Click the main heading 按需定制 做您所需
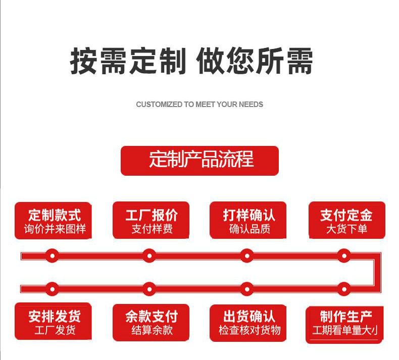pos(191,62)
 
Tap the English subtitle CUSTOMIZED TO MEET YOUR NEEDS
pos(199,105)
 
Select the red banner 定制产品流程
pos(199,161)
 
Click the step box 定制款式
pos(55,221)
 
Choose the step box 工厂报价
pos(151,221)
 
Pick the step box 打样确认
pos(248,221)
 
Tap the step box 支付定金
pos(346,221)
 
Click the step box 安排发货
pos(54,322)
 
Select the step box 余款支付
pos(151,322)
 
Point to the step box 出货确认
pos(248,322)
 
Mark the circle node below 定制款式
pos(52,255)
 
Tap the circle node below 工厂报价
pos(148,255)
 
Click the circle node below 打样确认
pos(246,255)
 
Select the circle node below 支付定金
pos(344,255)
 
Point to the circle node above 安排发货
pos(52,289)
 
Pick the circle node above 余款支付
pos(148,289)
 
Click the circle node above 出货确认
pos(246,289)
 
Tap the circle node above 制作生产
pos(344,289)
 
